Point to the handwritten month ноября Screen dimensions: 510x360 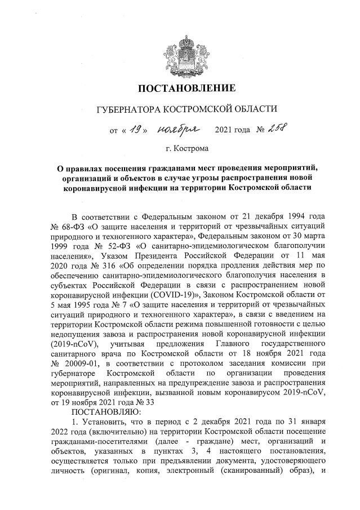pyautogui.click(x=181, y=130)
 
